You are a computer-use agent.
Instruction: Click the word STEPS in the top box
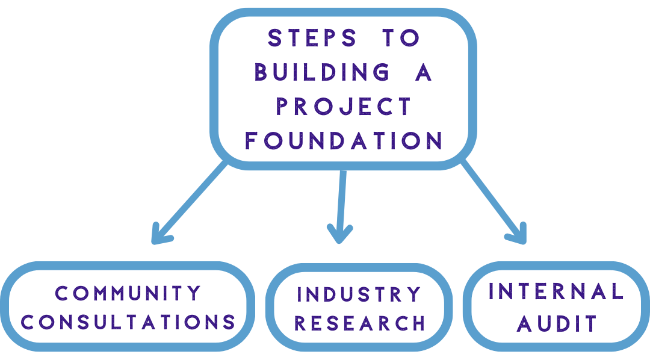point(312,38)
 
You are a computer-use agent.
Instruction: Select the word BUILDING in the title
point(321,72)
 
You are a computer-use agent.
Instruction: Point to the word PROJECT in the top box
point(344,107)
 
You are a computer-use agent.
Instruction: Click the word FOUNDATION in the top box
point(344,141)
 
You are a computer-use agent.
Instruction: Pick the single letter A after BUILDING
point(424,72)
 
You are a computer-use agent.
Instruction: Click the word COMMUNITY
point(128,293)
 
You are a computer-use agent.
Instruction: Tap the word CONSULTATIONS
point(128,322)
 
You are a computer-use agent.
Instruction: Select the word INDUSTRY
point(359,294)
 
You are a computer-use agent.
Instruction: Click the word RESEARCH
point(360,323)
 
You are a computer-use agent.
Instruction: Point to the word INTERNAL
point(556,292)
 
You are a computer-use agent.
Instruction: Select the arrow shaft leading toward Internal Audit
point(491,199)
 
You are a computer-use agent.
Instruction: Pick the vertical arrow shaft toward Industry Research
point(341,199)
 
